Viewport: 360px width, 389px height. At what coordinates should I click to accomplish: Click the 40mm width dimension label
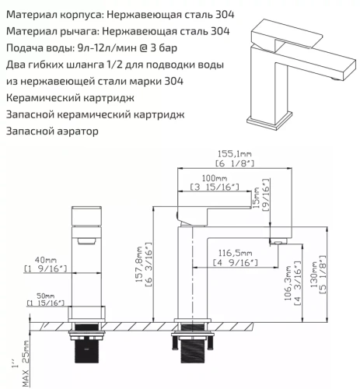tap(46, 260)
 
